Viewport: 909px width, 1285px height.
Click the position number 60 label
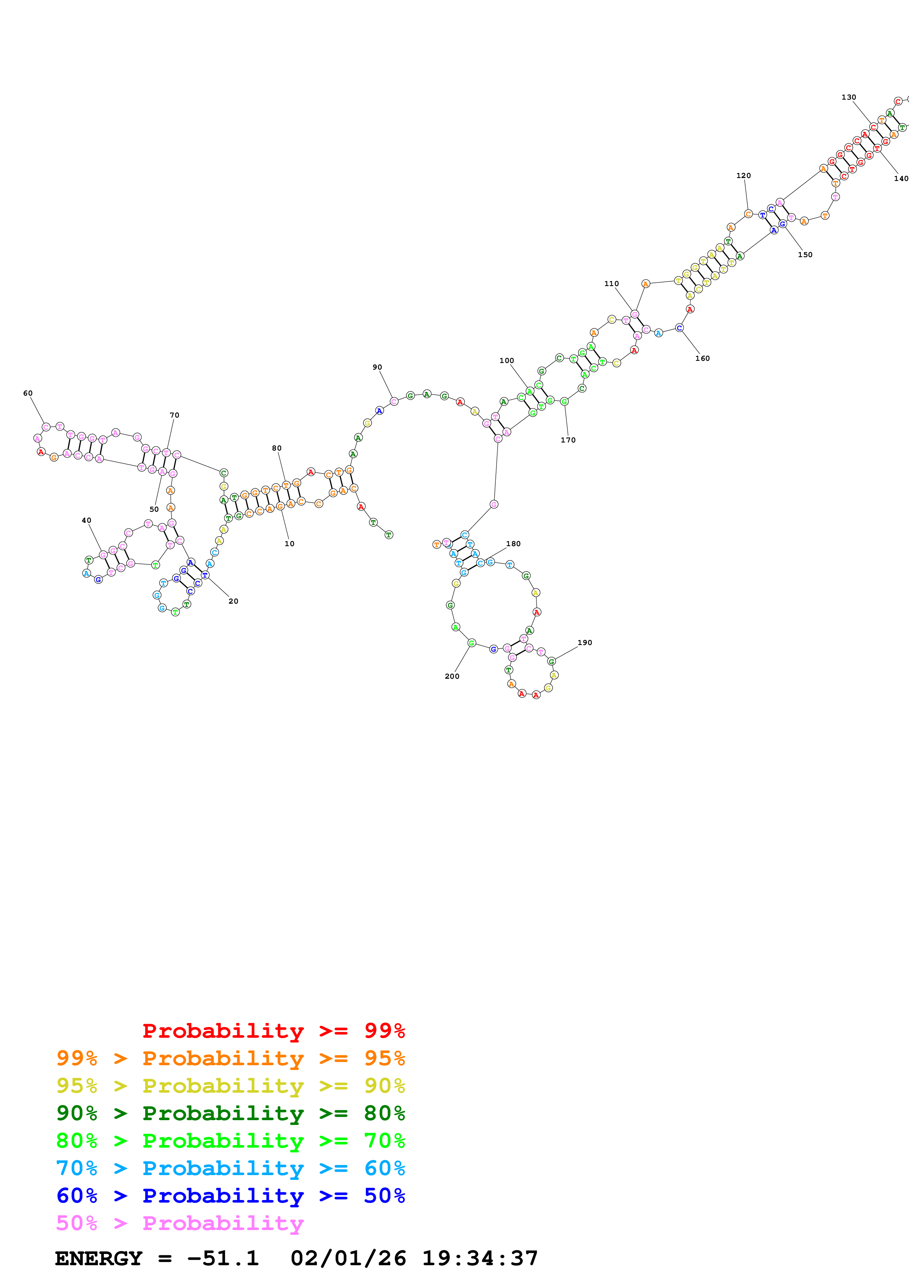[28, 393]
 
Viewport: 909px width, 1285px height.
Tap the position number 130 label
[848, 97]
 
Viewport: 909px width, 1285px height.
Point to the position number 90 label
[377, 367]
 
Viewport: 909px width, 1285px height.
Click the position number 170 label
[568, 440]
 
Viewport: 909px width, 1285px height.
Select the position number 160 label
[702, 358]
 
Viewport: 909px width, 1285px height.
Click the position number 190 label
[585, 642]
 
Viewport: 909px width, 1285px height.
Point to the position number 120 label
[743, 176]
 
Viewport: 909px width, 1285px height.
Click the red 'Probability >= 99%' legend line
[273, 1031]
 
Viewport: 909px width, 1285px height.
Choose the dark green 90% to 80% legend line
[231, 1113]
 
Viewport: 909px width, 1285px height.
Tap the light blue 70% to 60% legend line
[231, 1168]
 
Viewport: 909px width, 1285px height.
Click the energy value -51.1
[223, 1259]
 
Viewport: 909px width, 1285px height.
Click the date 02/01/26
[348, 1259]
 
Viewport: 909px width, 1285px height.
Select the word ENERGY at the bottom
[99, 1259]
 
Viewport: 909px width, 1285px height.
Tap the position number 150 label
[805, 255]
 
